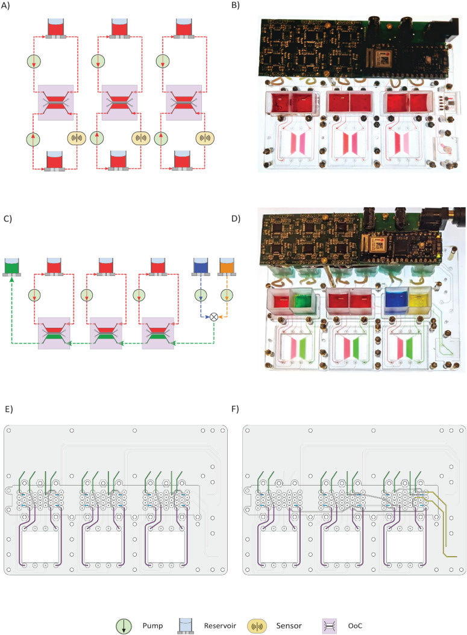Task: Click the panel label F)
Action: pyautogui.click(x=235, y=409)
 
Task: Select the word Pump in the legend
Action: pyautogui.click(x=152, y=626)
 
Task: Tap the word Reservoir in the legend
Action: pyautogui.click(x=220, y=626)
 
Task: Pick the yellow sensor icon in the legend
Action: pyautogui.click(x=257, y=626)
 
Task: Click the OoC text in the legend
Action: pyautogui.click(x=355, y=626)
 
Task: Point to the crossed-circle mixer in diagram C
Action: pyautogui.click(x=213, y=317)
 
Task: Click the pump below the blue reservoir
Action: pyautogui.click(x=201, y=295)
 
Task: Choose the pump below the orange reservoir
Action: pyautogui.click(x=227, y=295)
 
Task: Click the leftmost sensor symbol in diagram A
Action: pyautogui.click(x=76, y=138)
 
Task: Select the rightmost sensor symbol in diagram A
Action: pyautogui.click(x=205, y=138)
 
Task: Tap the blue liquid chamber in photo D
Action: pyautogui.click(x=396, y=300)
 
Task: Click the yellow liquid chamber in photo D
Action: pyautogui.click(x=419, y=300)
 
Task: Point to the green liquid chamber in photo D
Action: pyautogui.click(x=301, y=302)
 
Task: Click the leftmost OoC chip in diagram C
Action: pyautogui.click(x=54, y=333)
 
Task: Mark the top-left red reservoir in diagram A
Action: pyautogui.click(x=56, y=28)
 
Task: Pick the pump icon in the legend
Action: pyautogui.click(x=124, y=626)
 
